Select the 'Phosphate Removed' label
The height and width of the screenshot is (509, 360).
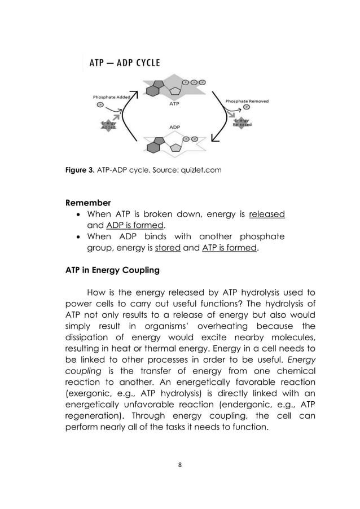tap(247, 101)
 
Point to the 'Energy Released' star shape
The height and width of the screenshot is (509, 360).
tap(242, 122)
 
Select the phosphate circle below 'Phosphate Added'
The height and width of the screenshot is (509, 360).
tap(100, 104)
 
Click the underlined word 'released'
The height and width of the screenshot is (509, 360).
tap(267, 214)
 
